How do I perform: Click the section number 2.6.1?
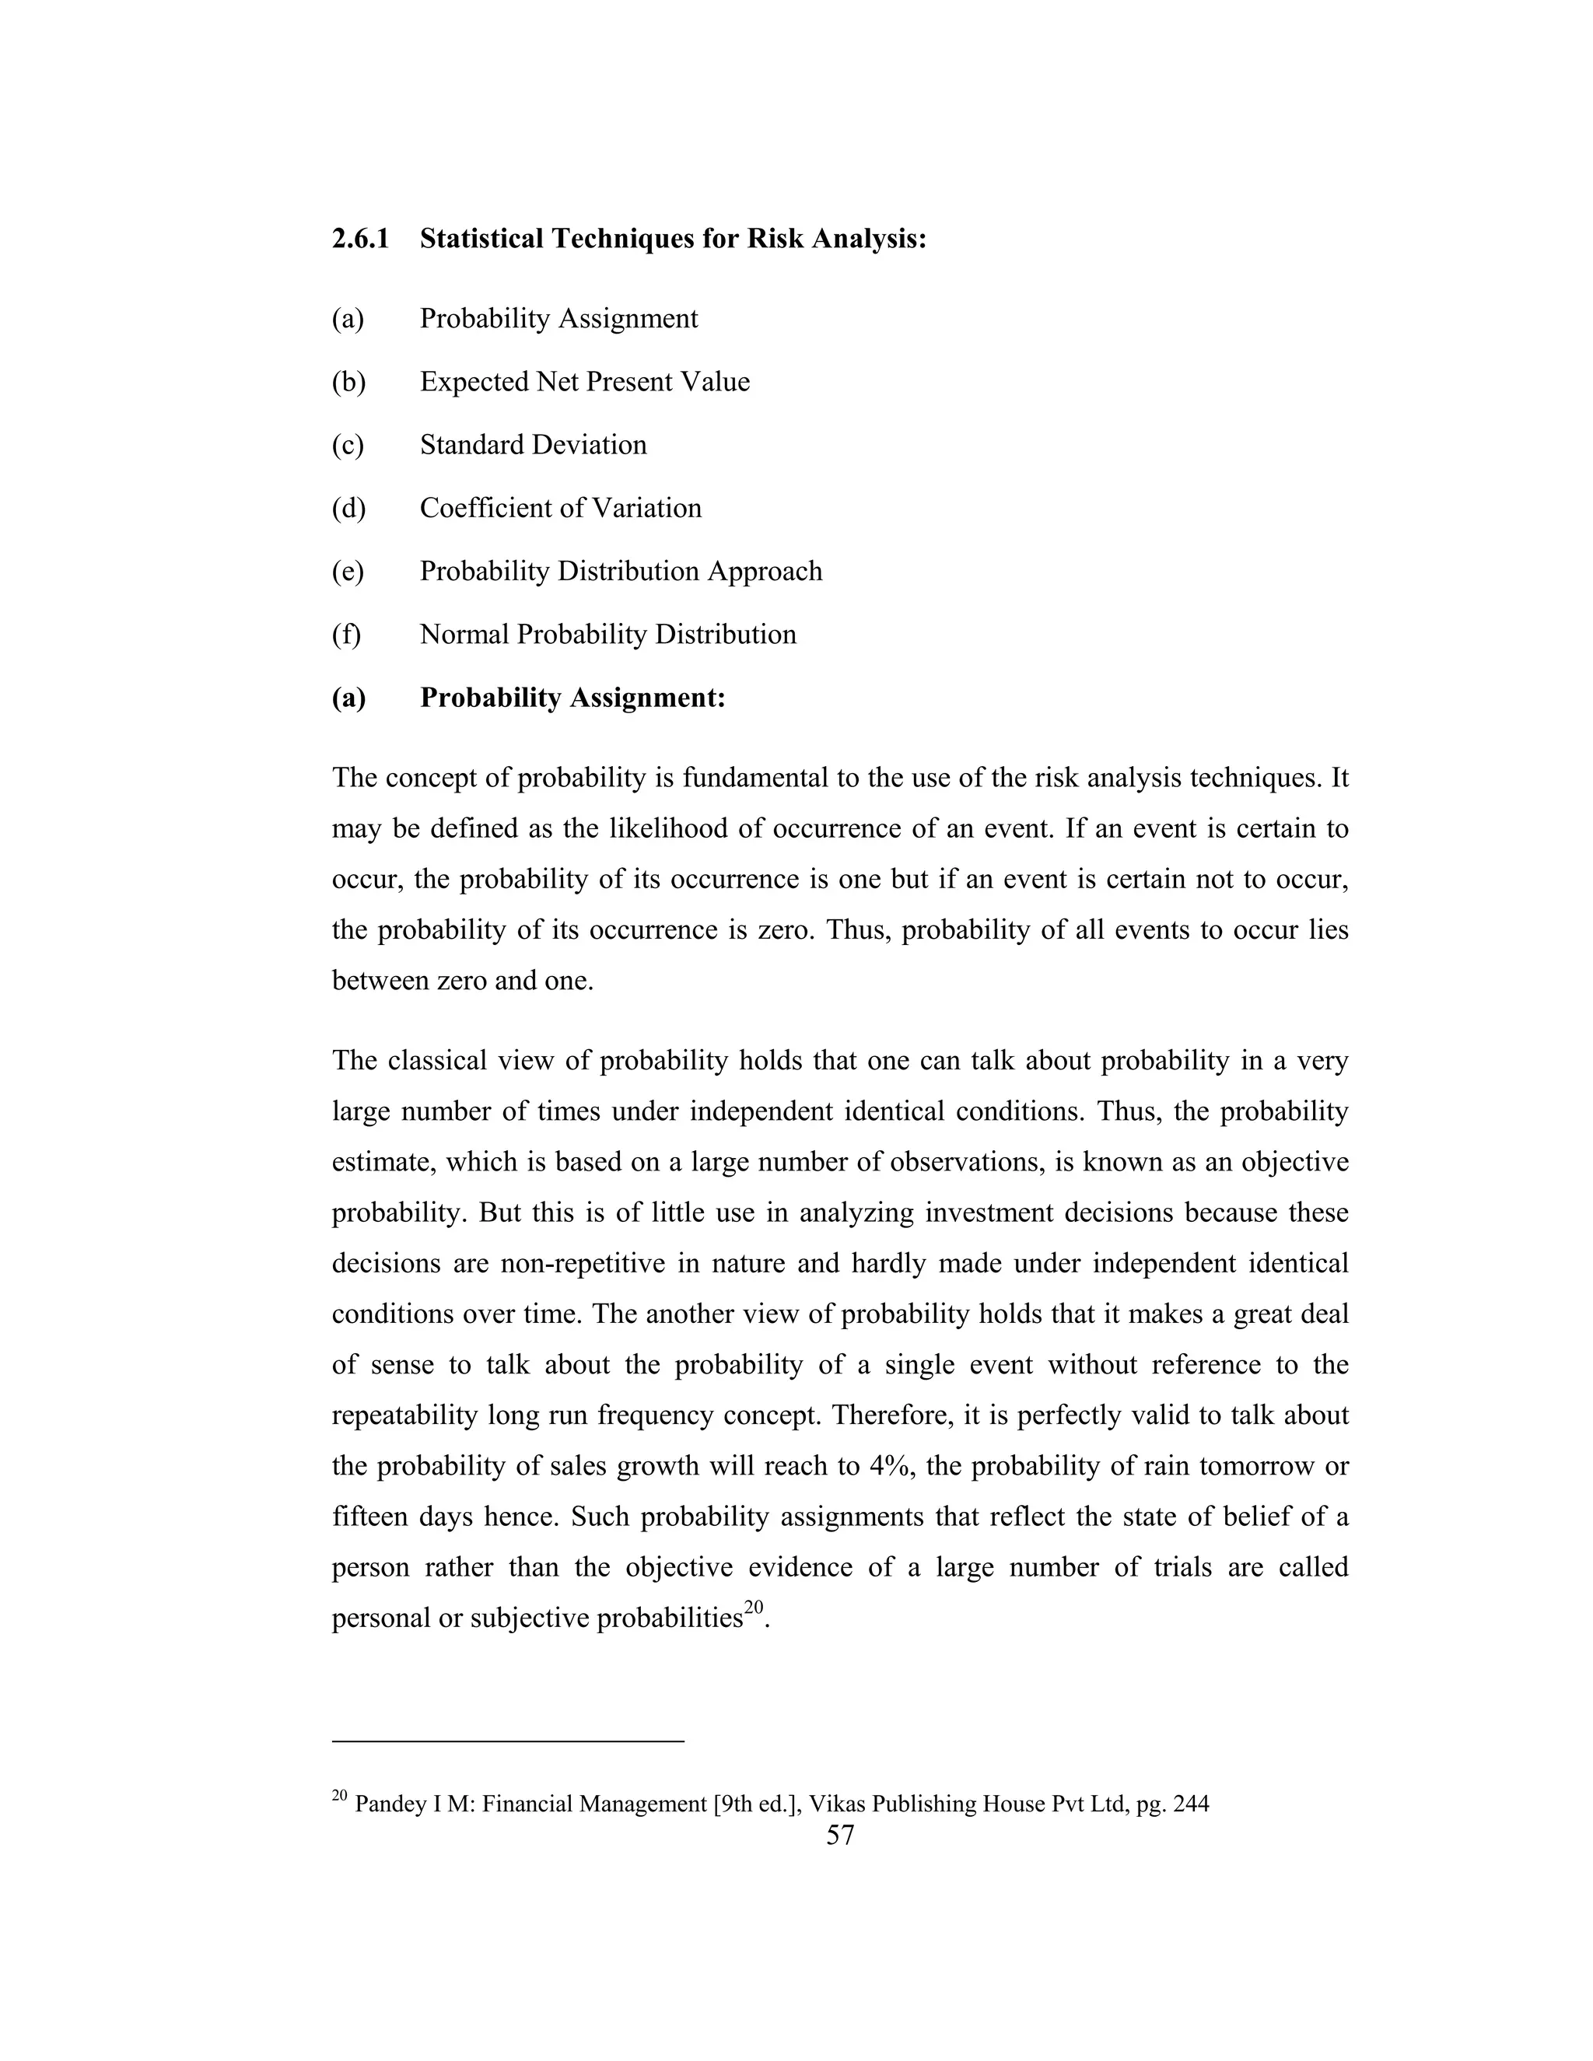(x=359, y=239)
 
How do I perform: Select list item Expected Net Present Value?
(x=584, y=382)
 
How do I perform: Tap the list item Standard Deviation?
(x=533, y=446)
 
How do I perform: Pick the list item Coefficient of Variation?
(x=561, y=509)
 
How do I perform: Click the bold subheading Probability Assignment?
(x=572, y=698)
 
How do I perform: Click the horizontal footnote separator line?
(x=508, y=1741)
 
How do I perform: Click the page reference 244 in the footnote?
(x=1191, y=1804)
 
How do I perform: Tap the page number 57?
(x=840, y=1835)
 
